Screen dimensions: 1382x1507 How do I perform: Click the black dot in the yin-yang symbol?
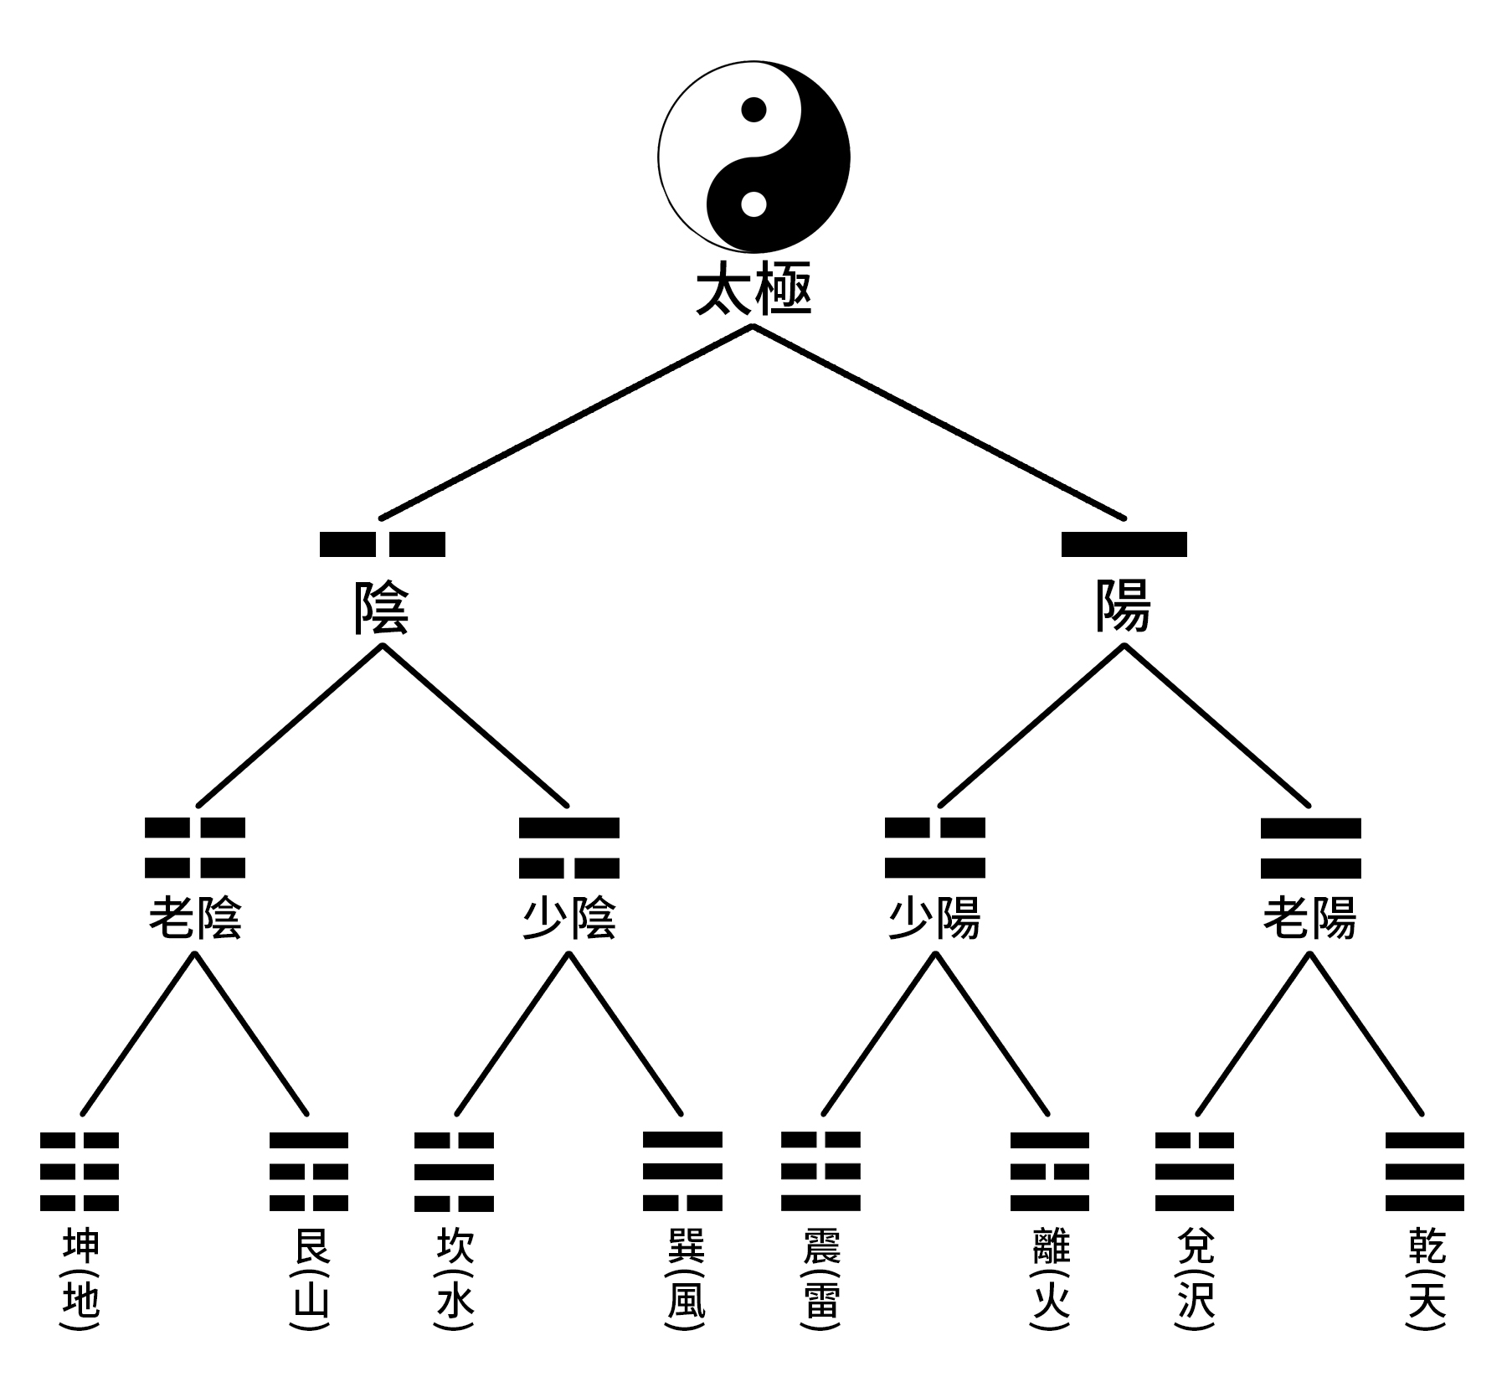753,110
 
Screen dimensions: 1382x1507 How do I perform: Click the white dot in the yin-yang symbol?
753,204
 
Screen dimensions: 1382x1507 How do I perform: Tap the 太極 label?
753,291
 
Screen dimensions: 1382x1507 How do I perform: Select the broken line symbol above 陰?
383,544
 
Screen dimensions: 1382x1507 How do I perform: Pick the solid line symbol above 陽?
1124,544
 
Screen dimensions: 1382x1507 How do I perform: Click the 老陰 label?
195,918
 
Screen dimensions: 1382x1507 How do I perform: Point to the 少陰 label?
569,918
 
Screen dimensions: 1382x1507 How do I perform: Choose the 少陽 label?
934,918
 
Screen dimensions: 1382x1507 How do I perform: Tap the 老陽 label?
1310,918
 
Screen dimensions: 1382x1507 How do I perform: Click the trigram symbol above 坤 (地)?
80,1172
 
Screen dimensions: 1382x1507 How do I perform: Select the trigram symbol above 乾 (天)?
1424,1172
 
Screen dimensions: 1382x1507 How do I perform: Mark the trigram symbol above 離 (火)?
1049,1172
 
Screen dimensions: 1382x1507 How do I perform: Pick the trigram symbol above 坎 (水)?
455,1172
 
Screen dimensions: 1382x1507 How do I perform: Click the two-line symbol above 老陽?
1310,848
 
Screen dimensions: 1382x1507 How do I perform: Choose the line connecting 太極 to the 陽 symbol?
938,421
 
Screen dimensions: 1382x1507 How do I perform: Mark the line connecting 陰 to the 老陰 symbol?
289,725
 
